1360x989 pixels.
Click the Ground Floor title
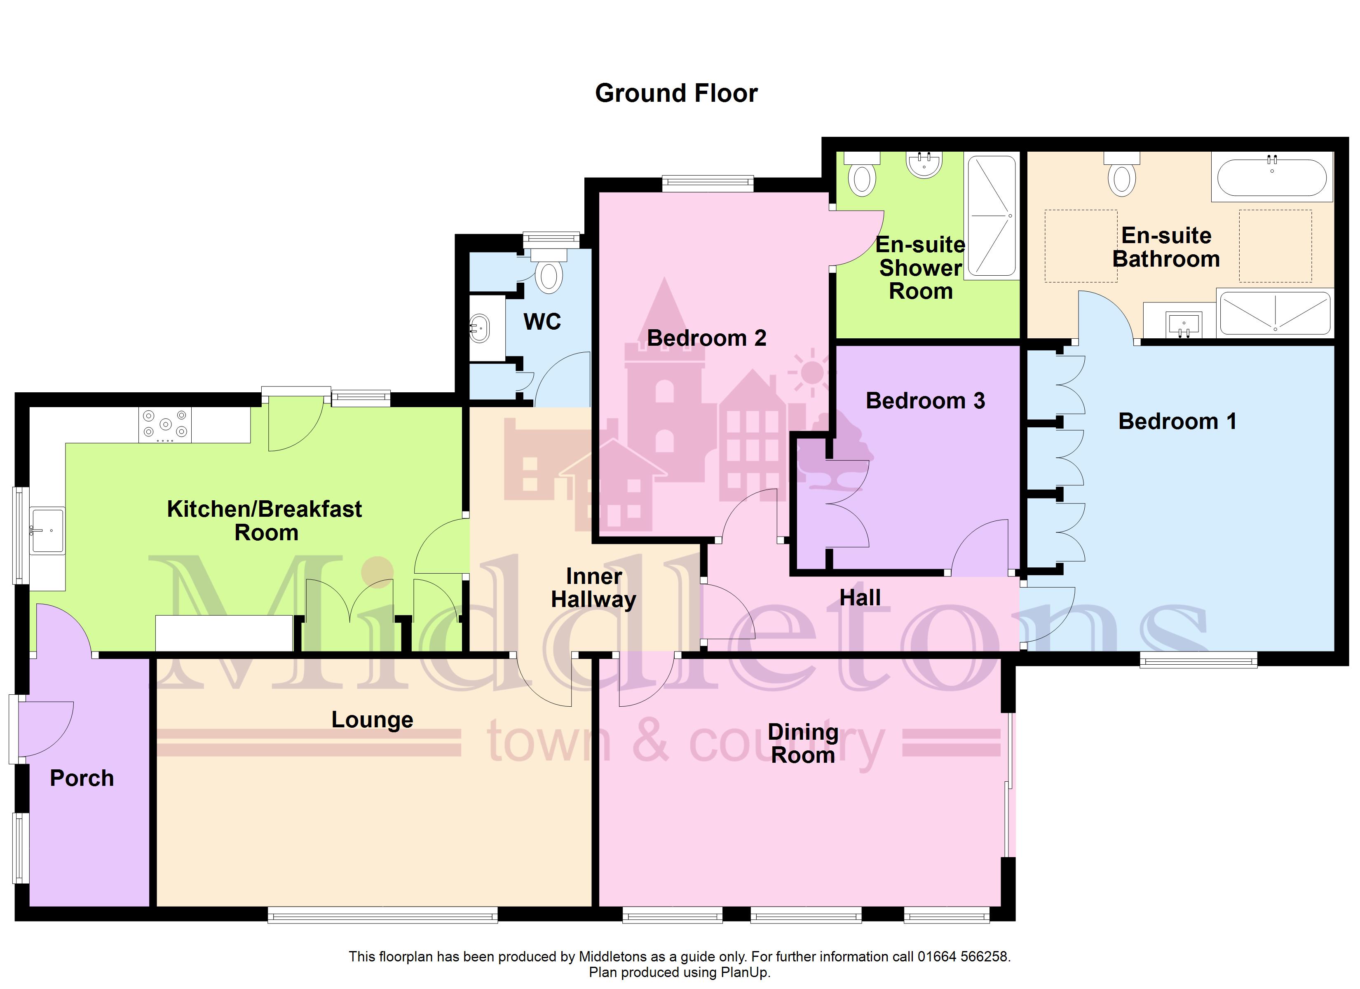[676, 94]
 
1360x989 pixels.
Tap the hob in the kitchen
[165, 425]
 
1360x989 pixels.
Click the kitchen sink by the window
[48, 530]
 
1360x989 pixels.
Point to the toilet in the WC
[549, 271]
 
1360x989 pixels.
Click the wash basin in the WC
[479, 328]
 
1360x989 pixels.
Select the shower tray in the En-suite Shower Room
[992, 216]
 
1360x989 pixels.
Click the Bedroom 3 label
[925, 401]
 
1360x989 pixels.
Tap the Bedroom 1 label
[1177, 421]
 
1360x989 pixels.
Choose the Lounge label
[373, 720]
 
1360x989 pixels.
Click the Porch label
[82, 778]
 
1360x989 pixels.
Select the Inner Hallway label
[593, 588]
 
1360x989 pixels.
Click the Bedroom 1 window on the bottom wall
[1198, 660]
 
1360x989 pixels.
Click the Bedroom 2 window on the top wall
[708, 183]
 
